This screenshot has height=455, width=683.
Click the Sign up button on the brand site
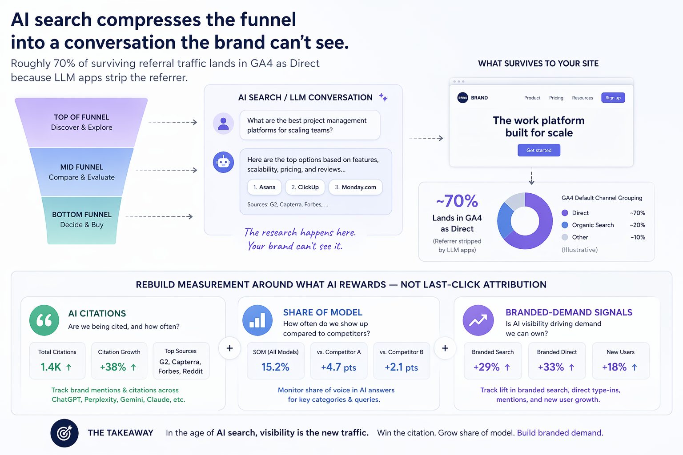(613, 98)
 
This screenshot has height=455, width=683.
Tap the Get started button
(538, 150)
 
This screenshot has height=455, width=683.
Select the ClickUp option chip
(305, 187)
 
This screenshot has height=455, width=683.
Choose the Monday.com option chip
(355, 187)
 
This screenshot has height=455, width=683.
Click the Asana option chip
(264, 187)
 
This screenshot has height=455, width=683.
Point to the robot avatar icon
(223, 163)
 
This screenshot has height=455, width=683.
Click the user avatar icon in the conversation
(223, 123)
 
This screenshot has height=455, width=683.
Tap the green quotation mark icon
(44, 320)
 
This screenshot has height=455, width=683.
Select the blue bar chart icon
(257, 320)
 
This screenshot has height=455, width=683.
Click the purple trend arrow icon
(478, 320)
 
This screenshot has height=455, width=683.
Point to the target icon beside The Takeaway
(64, 433)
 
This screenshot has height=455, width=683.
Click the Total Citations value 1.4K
(51, 367)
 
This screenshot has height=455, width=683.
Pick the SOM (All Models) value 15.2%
(275, 367)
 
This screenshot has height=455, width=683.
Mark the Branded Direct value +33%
(551, 367)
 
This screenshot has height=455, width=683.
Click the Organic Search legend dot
(565, 225)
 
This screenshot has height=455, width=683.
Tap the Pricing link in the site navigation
(556, 98)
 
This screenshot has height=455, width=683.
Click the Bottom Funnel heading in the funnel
(82, 215)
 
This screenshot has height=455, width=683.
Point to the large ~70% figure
(457, 201)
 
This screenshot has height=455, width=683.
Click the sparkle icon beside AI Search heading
(383, 97)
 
